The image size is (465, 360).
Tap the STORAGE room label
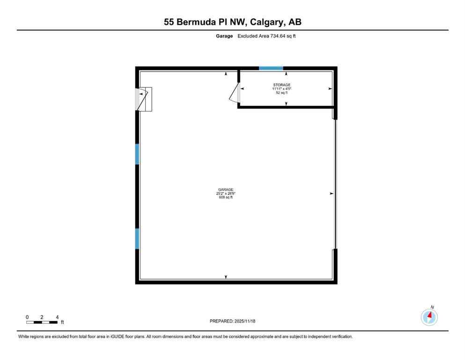point(282,85)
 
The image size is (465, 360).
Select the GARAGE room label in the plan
point(225,190)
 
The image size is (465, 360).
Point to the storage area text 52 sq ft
point(282,93)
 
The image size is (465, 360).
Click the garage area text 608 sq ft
point(225,197)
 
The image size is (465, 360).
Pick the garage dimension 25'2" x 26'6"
point(225,194)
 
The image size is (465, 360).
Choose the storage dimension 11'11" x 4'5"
point(282,89)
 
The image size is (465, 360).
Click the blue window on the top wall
point(271,68)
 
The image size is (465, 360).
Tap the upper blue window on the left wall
point(137,154)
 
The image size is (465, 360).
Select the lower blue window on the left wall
point(137,238)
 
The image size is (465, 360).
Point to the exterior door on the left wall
point(141,99)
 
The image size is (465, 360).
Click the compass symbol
point(429,317)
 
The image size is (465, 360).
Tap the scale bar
point(42,322)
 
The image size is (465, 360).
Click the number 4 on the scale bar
point(57,317)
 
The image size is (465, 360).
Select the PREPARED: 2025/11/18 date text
point(232,321)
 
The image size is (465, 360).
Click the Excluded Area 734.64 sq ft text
point(266,36)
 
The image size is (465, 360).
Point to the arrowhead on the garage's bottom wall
point(226,277)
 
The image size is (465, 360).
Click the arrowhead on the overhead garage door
point(332,193)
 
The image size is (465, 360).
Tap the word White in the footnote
point(24,337)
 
